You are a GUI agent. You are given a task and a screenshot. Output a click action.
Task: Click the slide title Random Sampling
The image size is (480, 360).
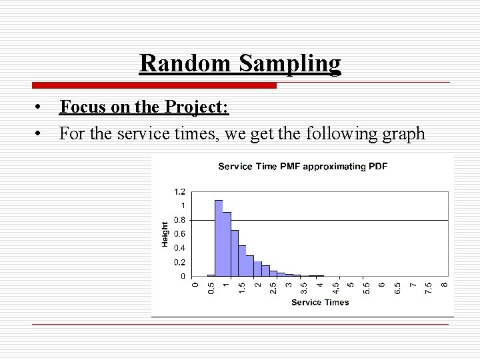pyautogui.click(x=240, y=63)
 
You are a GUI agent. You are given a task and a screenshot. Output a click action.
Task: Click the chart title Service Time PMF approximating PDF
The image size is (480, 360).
pyautogui.click(x=303, y=166)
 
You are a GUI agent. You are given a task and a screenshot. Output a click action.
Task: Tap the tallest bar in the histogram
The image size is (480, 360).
pyautogui.click(x=219, y=238)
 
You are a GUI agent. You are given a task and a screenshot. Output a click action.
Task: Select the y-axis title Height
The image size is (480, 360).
pyautogui.click(x=165, y=234)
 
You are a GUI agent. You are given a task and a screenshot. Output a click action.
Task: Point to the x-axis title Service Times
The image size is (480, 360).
pyautogui.click(x=320, y=302)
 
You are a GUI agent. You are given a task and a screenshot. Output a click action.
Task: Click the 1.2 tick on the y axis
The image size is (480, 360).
pyautogui.click(x=180, y=191)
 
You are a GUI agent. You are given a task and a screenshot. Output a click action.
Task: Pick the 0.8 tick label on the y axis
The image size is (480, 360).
pyautogui.click(x=180, y=219)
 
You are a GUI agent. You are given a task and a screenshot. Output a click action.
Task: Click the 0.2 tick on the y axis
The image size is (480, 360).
pyautogui.click(x=180, y=262)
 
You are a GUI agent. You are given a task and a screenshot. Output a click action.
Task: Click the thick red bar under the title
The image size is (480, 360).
pyautogui.click(x=154, y=85)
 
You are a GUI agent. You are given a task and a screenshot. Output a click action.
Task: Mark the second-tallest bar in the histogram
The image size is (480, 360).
pyautogui.click(x=227, y=244)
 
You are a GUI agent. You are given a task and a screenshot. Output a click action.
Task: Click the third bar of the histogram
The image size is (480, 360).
pyautogui.click(x=235, y=253)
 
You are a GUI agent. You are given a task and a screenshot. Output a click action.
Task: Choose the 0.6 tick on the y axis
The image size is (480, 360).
pyautogui.click(x=180, y=233)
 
